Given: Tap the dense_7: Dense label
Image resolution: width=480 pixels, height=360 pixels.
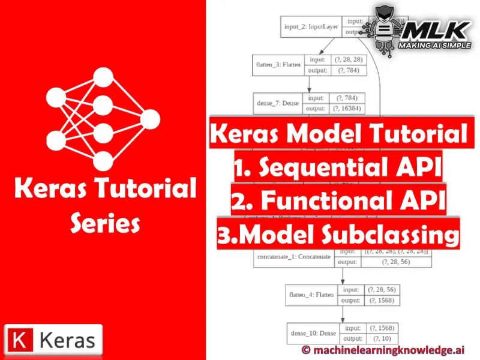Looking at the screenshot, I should (278, 103).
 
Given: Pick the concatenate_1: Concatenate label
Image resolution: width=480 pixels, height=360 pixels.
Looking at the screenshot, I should (293, 256).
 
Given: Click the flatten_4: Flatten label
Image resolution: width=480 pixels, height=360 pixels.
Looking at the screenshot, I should (312, 295).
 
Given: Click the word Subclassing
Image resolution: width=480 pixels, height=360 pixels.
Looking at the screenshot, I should (392, 233).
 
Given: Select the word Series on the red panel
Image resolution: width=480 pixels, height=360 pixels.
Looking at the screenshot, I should (105, 224).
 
